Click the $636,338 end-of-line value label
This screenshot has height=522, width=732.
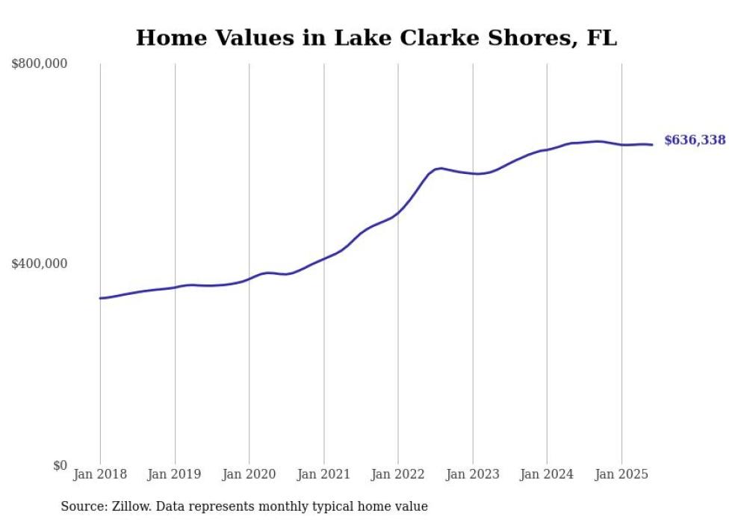[x=694, y=140]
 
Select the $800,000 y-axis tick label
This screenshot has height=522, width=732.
[x=39, y=64]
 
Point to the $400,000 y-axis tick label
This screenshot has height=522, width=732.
[x=39, y=264]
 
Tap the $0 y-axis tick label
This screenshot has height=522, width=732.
[x=60, y=465]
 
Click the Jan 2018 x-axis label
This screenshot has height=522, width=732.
[x=100, y=474]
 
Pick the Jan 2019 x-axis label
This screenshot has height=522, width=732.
[x=175, y=474]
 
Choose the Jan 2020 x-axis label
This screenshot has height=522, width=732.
[x=249, y=474]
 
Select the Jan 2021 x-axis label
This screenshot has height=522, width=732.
[x=323, y=474]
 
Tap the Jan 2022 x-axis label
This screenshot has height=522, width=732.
[x=398, y=474]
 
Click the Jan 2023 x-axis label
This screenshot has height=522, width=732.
[x=472, y=474]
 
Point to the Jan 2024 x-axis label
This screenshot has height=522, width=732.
[x=547, y=474]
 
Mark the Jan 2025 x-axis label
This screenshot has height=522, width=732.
[x=621, y=474]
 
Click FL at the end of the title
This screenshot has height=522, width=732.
[x=602, y=38]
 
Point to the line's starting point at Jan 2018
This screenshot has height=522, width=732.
[x=101, y=298]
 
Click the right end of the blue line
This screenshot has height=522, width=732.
[x=652, y=145]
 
